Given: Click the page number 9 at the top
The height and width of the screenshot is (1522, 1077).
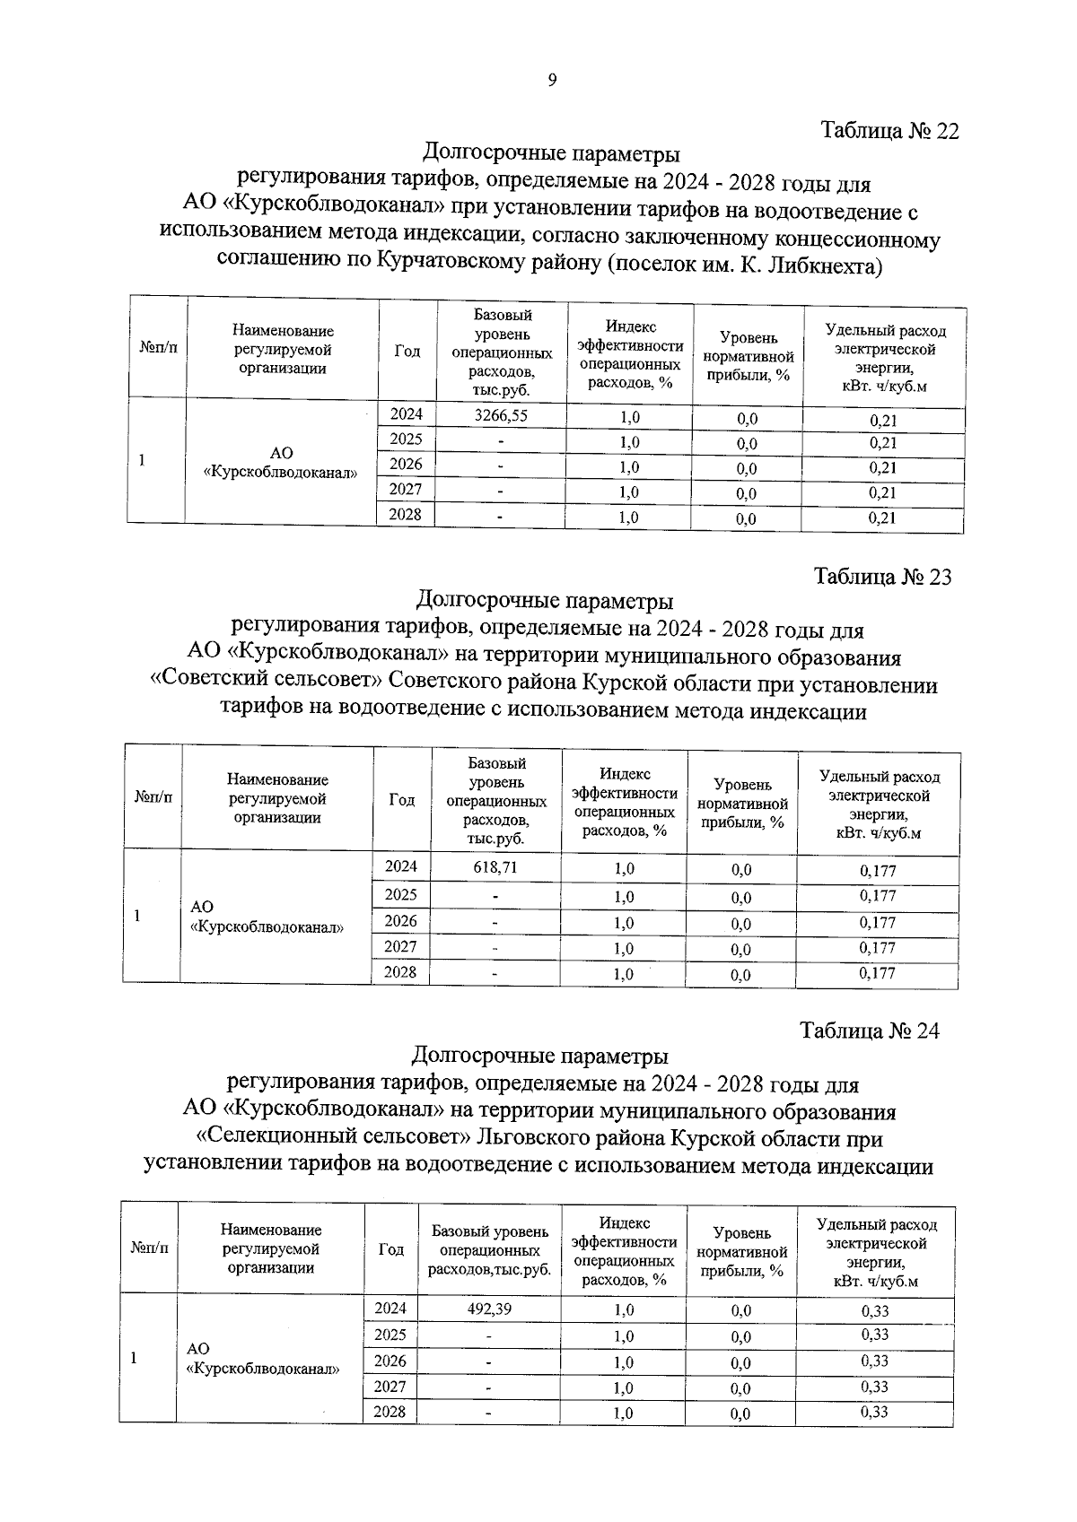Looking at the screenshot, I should pos(552,81).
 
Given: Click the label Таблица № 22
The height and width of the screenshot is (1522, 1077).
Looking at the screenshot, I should pos(889,131).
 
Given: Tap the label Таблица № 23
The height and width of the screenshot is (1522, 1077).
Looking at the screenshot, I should pos(882,577).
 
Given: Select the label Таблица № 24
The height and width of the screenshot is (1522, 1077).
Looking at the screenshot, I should pos(870,1031).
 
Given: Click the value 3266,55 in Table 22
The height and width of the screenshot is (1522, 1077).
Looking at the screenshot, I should pos(501,416).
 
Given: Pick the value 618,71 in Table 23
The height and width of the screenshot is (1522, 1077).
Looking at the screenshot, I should pos(495,867).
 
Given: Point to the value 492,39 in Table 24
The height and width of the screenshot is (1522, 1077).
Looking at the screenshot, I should pos(489,1309).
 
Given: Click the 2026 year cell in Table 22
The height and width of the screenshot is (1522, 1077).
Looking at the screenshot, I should pos(406,464).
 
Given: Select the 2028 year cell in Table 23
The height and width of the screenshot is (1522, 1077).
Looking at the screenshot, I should pos(400,971).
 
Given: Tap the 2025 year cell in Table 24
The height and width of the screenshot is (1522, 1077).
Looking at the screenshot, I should pos(390,1335).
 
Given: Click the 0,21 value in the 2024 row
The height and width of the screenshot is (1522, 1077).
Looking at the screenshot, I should pos(883,420).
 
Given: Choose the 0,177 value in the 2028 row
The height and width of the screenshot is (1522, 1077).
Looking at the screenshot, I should pos(877,972).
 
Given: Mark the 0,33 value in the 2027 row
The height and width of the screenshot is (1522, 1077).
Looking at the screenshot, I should pos(874,1387).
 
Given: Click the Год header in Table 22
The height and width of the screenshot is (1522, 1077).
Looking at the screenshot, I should pos(407,351).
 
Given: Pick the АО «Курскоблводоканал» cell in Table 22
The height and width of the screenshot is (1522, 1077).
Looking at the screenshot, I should pos(281,463).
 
